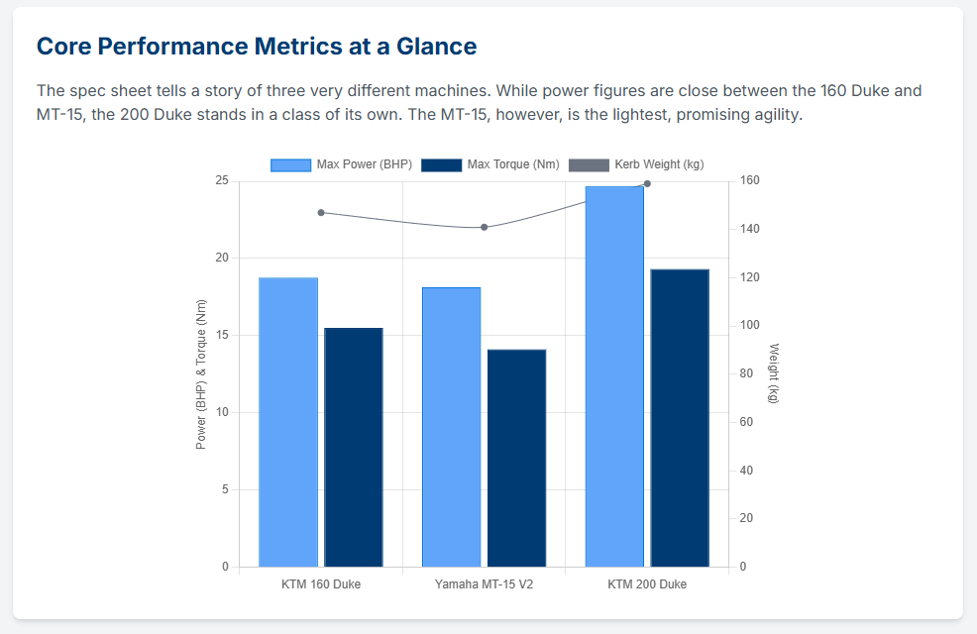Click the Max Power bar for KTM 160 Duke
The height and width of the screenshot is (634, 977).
click(288, 422)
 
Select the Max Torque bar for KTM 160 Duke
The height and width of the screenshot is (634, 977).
click(354, 447)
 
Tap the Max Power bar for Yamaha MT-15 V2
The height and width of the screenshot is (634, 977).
click(451, 427)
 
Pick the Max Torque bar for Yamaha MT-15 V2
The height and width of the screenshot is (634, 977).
click(516, 458)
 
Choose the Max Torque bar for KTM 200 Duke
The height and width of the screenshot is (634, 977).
click(680, 418)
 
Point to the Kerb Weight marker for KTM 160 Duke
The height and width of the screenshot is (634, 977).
click(321, 213)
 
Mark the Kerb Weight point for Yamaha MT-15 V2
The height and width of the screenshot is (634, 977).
click(485, 227)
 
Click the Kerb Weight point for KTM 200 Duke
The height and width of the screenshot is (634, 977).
click(647, 183)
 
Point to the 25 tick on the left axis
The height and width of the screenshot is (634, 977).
click(221, 180)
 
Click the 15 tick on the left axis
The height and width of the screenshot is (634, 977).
click(221, 335)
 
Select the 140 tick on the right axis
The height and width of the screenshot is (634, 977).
click(748, 229)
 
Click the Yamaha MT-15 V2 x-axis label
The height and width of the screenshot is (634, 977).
click(484, 584)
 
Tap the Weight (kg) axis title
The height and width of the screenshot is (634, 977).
click(773, 373)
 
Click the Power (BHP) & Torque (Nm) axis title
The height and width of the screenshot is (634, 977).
click(201, 373)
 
